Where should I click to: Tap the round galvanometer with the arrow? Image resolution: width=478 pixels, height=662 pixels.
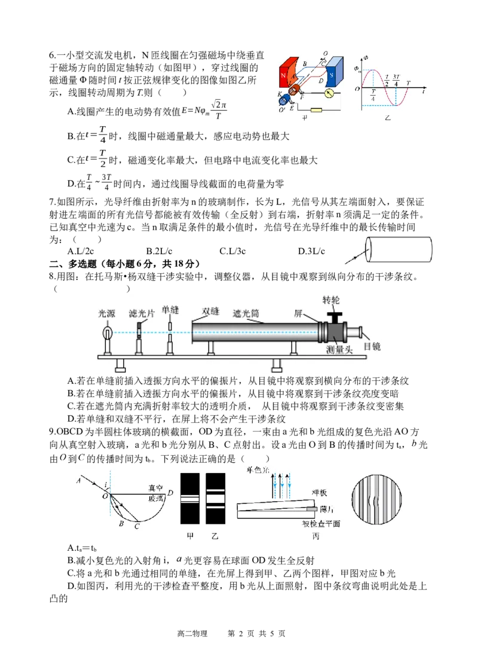pyautogui.click(x=329, y=93)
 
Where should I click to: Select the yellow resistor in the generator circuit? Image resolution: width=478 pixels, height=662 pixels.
pyautogui.click(x=314, y=109)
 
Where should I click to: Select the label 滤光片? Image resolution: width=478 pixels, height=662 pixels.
pyautogui.click(x=142, y=313)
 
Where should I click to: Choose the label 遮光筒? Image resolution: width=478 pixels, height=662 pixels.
pyautogui.click(x=246, y=313)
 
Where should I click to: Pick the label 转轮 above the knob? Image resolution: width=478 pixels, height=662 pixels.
pyautogui.click(x=331, y=300)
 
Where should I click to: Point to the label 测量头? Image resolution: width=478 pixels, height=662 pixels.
pyautogui.click(x=339, y=350)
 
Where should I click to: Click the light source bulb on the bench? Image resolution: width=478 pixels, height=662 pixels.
pyautogui.click(x=108, y=332)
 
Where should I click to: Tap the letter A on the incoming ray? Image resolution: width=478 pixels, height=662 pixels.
pyautogui.click(x=78, y=480)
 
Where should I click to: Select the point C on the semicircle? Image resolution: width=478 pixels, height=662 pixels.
pyautogui.click(x=137, y=526)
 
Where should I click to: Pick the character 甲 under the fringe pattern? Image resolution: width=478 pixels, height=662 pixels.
pyautogui.click(x=191, y=536)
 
